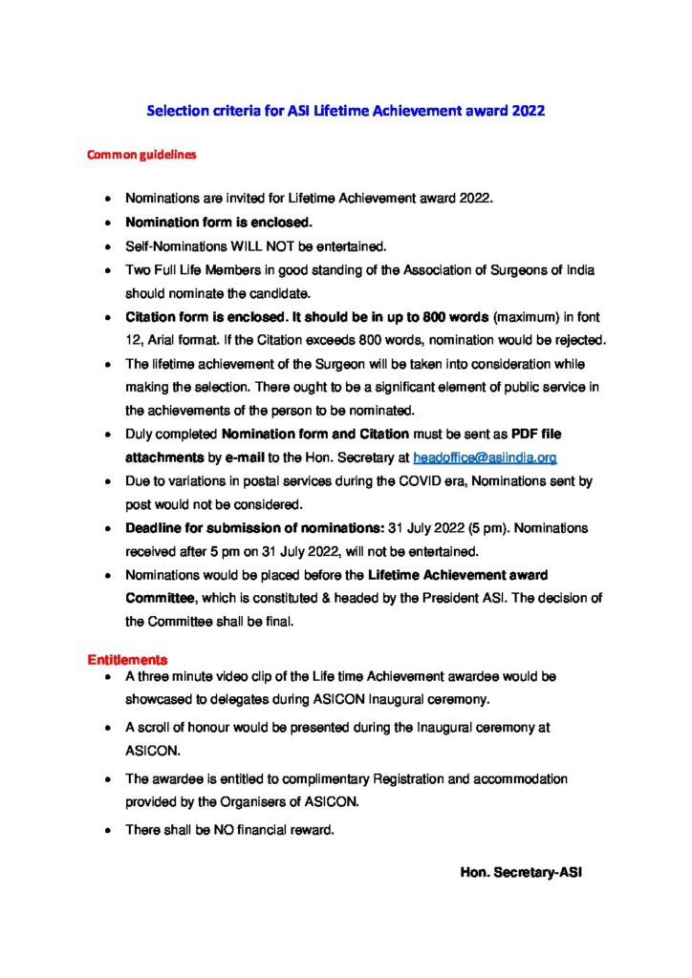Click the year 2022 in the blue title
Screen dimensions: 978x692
tap(528, 111)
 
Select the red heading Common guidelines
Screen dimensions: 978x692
tap(142, 153)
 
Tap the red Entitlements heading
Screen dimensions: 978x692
tap(128, 659)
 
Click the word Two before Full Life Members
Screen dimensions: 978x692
tap(139, 270)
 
